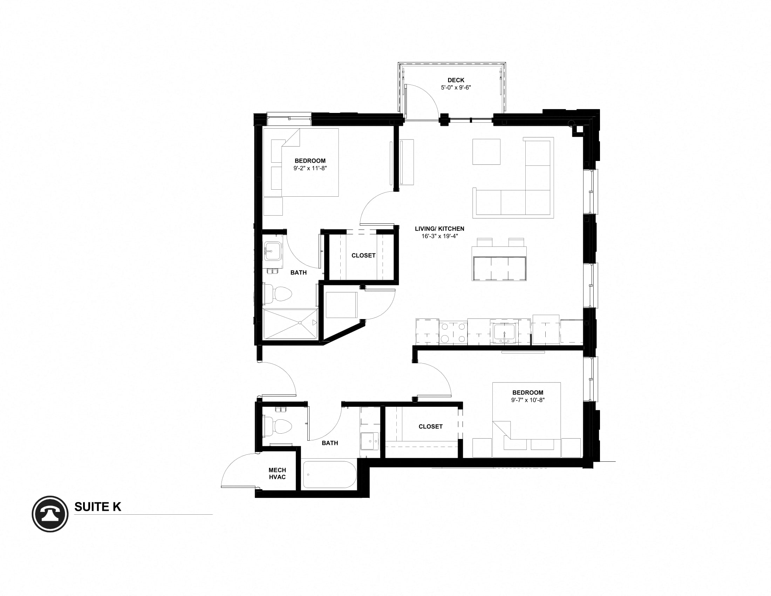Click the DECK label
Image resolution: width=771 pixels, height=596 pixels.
456,80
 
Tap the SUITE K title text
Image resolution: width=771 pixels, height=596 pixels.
97,507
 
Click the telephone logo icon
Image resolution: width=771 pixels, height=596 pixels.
50,514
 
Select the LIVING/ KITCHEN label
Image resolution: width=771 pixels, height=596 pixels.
439,229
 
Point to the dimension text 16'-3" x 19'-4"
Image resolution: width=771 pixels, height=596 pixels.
439,236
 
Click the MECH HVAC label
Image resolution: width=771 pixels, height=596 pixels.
277,474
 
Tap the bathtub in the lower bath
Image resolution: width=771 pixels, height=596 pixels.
330,475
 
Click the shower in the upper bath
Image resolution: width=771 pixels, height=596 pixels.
291,324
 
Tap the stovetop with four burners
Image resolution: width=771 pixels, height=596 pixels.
453,332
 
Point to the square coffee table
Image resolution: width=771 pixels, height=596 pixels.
486,152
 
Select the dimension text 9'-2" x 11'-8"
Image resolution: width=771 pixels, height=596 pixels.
310,168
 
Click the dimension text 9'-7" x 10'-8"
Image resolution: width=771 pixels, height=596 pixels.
528,400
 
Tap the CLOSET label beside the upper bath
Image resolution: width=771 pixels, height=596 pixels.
363,255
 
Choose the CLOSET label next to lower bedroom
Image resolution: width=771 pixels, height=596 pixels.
430,427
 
